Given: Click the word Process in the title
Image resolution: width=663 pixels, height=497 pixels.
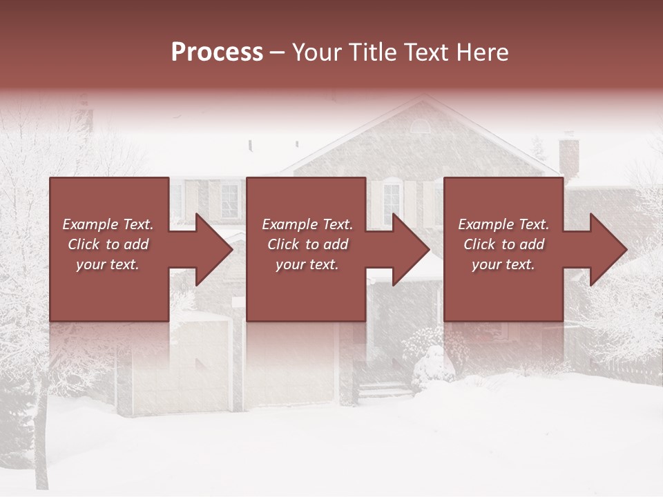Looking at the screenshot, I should click(217, 52).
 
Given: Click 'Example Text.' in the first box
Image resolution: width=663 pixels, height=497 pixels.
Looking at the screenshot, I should click(108, 224).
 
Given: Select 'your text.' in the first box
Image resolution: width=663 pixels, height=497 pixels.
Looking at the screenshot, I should click(108, 264).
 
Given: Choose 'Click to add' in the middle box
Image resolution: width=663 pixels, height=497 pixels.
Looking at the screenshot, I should click(307, 244).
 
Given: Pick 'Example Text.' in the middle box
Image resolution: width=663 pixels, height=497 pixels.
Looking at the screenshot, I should click(307, 224).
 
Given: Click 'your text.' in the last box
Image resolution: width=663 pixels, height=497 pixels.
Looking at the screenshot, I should click(503, 264).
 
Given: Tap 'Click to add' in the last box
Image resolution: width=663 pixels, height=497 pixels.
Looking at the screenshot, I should click(503, 244).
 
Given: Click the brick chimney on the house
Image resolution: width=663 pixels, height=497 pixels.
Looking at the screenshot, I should click(568, 155).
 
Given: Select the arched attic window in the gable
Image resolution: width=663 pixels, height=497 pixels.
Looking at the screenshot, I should click(419, 126).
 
